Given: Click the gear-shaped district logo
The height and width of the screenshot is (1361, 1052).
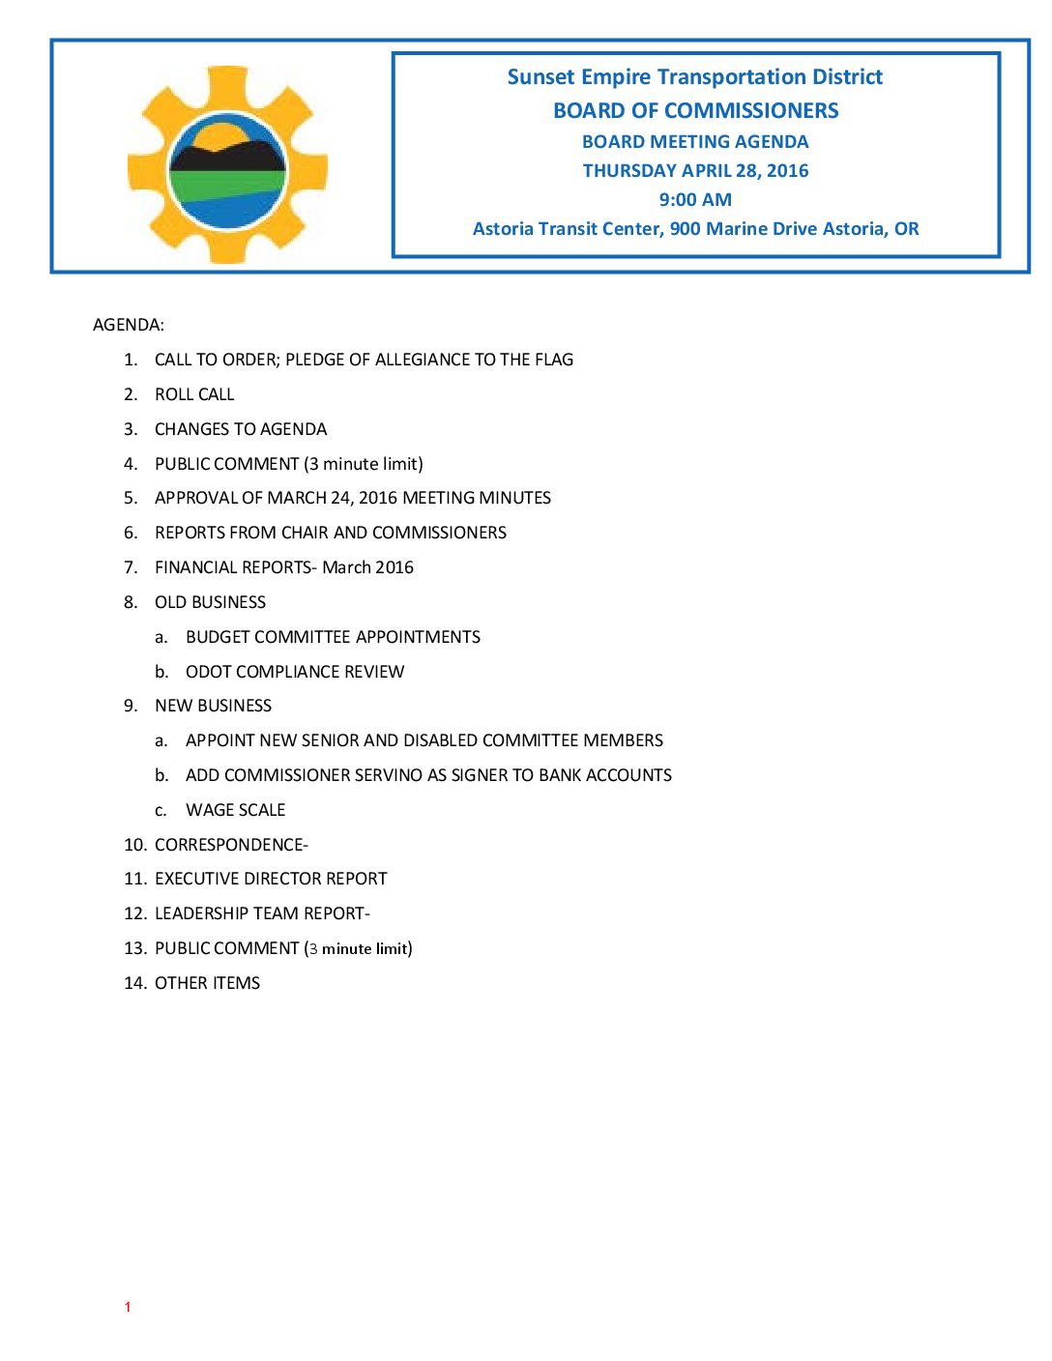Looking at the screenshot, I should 227,165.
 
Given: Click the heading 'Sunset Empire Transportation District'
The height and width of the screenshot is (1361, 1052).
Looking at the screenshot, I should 694,77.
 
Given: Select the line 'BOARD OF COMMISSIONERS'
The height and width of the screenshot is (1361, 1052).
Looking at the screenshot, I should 695,111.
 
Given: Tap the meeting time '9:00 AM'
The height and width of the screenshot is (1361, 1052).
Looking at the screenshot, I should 695,200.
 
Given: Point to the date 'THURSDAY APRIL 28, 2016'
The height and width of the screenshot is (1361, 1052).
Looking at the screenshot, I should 695,171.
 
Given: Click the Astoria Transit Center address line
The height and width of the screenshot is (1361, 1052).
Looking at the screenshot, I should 695,229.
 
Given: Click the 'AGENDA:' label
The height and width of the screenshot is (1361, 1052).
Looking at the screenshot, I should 129,325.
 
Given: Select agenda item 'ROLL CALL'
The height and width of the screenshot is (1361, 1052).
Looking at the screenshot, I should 194,394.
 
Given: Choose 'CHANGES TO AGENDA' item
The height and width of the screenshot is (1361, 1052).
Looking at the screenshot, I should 241,429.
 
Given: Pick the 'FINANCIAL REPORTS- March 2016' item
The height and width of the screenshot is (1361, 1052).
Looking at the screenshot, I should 283,567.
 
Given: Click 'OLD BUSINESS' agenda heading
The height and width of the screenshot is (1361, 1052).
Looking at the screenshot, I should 210,602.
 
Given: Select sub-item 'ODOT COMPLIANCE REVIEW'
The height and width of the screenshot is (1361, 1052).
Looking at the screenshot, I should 295,672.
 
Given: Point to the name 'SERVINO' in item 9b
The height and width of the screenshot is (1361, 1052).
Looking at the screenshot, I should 386,775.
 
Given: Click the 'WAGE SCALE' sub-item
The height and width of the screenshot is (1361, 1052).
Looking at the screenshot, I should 236,810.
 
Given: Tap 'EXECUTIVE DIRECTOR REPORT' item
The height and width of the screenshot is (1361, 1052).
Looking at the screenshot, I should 271,879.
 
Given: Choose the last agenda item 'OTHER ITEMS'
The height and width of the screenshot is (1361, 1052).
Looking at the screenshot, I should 207,983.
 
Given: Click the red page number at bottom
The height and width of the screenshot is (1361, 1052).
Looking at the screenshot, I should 127,1307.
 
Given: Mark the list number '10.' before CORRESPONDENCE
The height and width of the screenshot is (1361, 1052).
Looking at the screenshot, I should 135,845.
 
